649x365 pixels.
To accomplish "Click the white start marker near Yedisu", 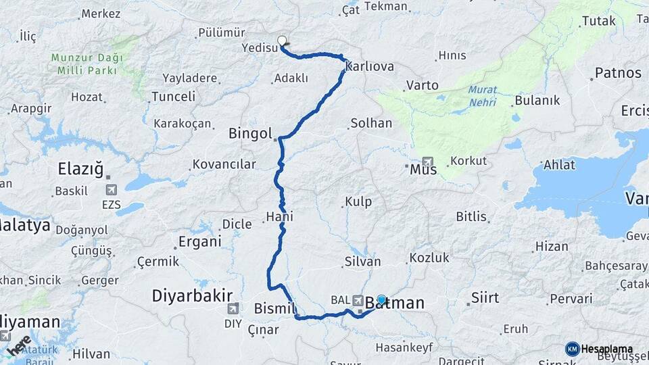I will (x=282, y=41).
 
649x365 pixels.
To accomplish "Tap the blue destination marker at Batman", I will (x=381, y=299).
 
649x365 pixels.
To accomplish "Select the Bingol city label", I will (x=250, y=133).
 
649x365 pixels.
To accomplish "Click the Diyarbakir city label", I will (x=192, y=295).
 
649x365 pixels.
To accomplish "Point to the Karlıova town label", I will (x=369, y=67).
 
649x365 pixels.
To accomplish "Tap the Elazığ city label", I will (x=80, y=168).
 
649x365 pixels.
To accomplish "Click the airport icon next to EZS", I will (x=111, y=191).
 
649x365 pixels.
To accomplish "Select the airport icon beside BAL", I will (x=358, y=299).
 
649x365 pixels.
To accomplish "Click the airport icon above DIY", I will (x=233, y=308).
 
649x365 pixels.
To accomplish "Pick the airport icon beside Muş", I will (x=427, y=162).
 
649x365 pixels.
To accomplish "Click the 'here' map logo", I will (x=19, y=345).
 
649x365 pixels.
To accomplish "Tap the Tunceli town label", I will (x=173, y=97).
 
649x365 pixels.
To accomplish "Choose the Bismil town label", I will (x=275, y=309).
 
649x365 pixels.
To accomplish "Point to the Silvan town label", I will (x=363, y=262).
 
